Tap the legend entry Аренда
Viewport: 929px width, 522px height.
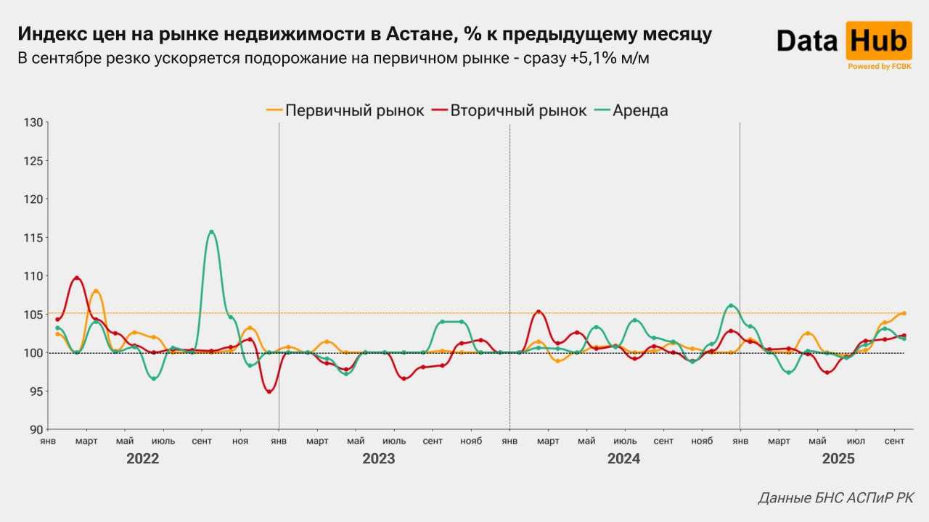631,110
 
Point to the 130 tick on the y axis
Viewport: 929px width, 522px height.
34,122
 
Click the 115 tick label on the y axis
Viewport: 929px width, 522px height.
34,237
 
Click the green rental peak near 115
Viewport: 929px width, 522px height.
211,232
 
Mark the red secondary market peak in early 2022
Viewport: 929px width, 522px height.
77,278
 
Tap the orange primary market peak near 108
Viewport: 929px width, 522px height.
96,291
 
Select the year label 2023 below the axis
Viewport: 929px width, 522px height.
378,459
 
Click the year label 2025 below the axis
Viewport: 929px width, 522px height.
838,459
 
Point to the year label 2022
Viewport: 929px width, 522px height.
142,459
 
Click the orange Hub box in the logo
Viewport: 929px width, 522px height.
878,41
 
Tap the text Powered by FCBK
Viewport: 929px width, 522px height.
879,66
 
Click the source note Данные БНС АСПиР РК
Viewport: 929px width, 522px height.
836,498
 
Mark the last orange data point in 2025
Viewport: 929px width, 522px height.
904,313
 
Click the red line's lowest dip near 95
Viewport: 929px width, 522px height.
269,391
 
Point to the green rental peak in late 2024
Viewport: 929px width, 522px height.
730,305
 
